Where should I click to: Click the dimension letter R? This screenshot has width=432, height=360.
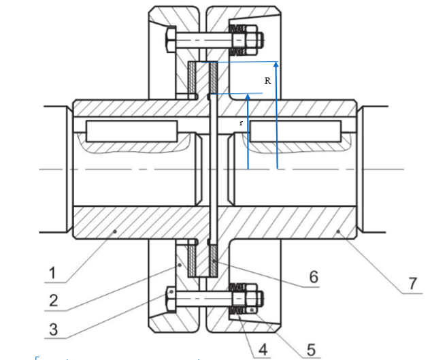(268, 80)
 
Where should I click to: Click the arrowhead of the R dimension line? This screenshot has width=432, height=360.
(276, 64)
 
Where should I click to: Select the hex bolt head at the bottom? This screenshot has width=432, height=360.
(170, 298)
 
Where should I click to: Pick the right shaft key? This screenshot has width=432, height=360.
(295, 131)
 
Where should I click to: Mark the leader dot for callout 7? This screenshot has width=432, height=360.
(338, 233)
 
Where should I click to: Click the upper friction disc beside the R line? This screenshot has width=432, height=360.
(213, 78)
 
